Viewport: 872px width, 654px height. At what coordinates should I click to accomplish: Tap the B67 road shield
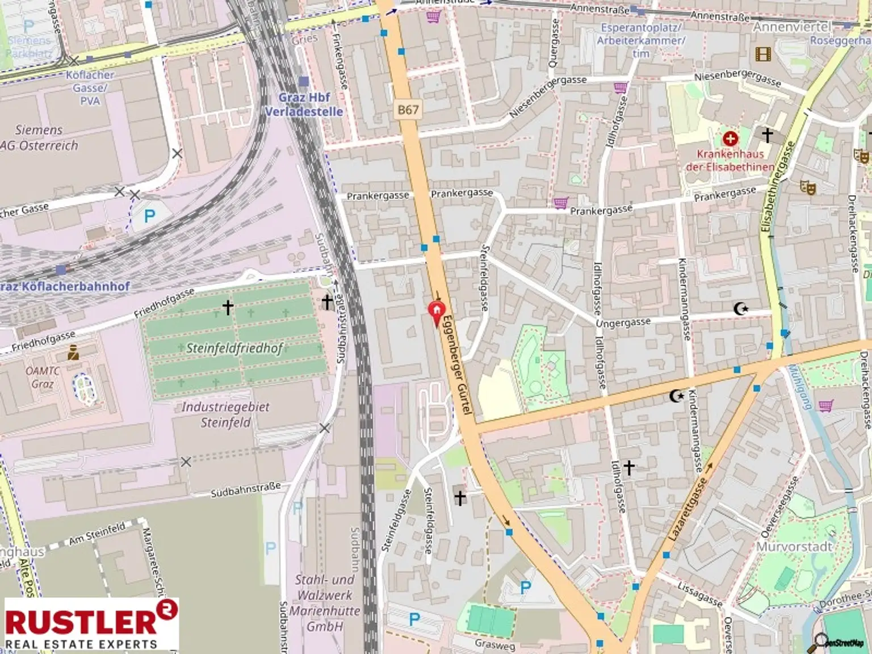[408, 110]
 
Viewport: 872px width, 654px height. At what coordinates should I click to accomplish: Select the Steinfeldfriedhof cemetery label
[234, 348]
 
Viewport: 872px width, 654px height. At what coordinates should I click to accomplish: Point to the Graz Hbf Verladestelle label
[304, 104]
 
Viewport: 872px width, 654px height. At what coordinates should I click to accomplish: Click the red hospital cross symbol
[730, 139]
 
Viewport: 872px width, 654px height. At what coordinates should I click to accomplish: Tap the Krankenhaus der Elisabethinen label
[730, 160]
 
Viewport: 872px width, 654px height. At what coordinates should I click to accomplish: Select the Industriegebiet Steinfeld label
[225, 414]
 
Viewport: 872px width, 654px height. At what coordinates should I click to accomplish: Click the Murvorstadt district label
[794, 547]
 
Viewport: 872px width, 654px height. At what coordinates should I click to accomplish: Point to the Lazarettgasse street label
[687, 509]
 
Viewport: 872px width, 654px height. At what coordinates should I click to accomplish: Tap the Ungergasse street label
[623, 322]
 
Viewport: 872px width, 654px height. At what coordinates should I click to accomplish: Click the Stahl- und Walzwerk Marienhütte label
[325, 603]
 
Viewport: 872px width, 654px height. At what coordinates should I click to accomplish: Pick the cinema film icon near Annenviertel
[764, 54]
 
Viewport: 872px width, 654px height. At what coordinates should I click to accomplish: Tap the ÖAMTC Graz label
[43, 378]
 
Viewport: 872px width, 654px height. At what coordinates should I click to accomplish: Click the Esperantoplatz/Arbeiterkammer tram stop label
[641, 40]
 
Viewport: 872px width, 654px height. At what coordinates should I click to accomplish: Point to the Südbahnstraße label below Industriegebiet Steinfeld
[246, 490]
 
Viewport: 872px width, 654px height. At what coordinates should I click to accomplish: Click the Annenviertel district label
[791, 27]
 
